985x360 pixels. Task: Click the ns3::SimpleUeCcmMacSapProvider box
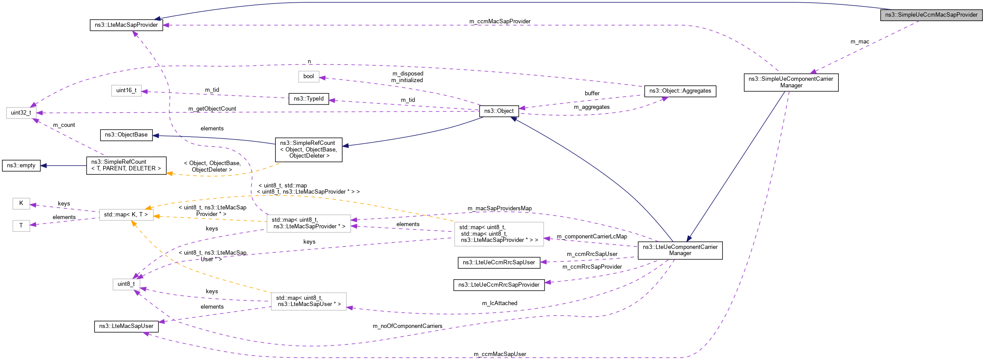pyautogui.click(x=931, y=15)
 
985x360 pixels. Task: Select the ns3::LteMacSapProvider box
pyautogui.click(x=126, y=25)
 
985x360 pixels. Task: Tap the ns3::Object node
pyautogui.click(x=498, y=111)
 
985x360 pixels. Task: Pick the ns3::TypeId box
pyautogui.click(x=308, y=99)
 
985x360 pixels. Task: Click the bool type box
pyautogui.click(x=308, y=76)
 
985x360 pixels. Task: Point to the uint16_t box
pyautogui.click(x=126, y=90)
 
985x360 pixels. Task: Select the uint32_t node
pyautogui.click(x=21, y=113)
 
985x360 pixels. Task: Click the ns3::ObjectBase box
pyautogui.click(x=126, y=135)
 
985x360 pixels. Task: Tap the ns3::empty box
pyautogui.click(x=21, y=166)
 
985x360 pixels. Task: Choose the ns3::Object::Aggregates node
pyautogui.click(x=680, y=91)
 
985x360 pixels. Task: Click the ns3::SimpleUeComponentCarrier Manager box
pyautogui.click(x=790, y=82)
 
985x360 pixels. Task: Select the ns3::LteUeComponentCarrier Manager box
pyautogui.click(x=680, y=250)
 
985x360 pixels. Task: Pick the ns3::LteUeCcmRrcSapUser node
pyautogui.click(x=498, y=263)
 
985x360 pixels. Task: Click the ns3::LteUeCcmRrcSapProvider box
pyautogui.click(x=498, y=285)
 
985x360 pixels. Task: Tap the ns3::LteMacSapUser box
pyautogui.click(x=126, y=326)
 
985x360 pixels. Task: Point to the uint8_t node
pyautogui.click(x=126, y=284)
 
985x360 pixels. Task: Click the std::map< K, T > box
pyautogui.click(x=126, y=215)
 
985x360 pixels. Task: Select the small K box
pyautogui.click(x=21, y=203)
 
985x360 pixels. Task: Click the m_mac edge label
pyautogui.click(x=859, y=42)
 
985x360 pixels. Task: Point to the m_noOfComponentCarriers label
pyautogui.click(x=407, y=326)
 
